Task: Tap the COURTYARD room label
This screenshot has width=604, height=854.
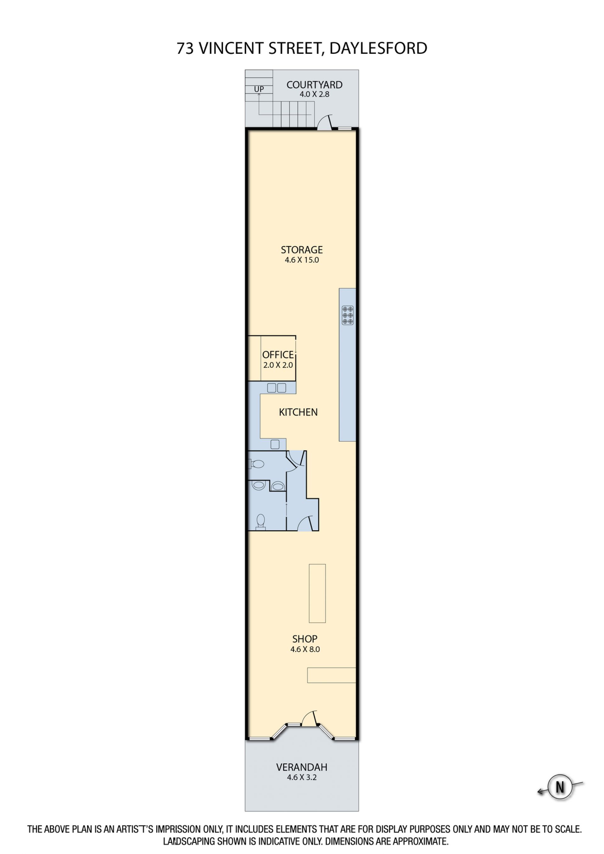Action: (x=314, y=85)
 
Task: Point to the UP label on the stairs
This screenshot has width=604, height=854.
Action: (x=259, y=89)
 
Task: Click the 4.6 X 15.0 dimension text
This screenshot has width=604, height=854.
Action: (x=302, y=260)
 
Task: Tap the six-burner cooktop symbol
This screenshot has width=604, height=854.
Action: (x=347, y=315)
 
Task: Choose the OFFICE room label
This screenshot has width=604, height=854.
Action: (x=278, y=354)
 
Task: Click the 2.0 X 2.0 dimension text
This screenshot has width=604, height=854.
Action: (x=278, y=365)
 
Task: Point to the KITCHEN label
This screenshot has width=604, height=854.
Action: (x=298, y=412)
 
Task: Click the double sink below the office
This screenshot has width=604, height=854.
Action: (x=277, y=388)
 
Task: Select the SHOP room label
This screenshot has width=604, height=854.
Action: (x=305, y=639)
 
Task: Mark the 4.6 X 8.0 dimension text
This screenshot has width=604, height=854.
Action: (x=305, y=649)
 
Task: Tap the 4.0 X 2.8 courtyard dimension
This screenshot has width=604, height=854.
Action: (x=314, y=94)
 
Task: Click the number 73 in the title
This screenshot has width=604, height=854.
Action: (x=185, y=48)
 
